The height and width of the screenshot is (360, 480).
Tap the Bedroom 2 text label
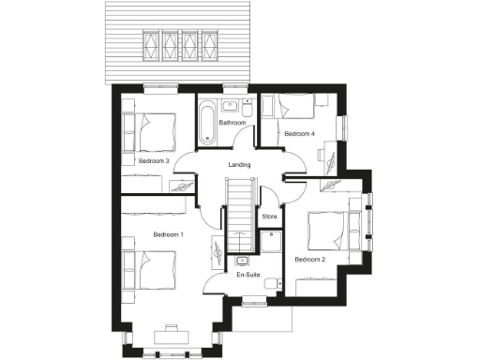point(309,259)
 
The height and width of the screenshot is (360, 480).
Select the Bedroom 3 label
point(154,161)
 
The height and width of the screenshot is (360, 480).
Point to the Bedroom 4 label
point(299,134)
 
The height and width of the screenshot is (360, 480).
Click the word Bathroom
point(232,123)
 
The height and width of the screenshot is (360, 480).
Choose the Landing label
point(239,165)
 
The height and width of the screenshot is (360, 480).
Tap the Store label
point(269,217)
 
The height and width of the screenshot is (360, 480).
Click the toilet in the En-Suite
point(271,282)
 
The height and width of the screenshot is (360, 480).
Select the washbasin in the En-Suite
point(244,260)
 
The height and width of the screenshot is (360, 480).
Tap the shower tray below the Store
point(270,243)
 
